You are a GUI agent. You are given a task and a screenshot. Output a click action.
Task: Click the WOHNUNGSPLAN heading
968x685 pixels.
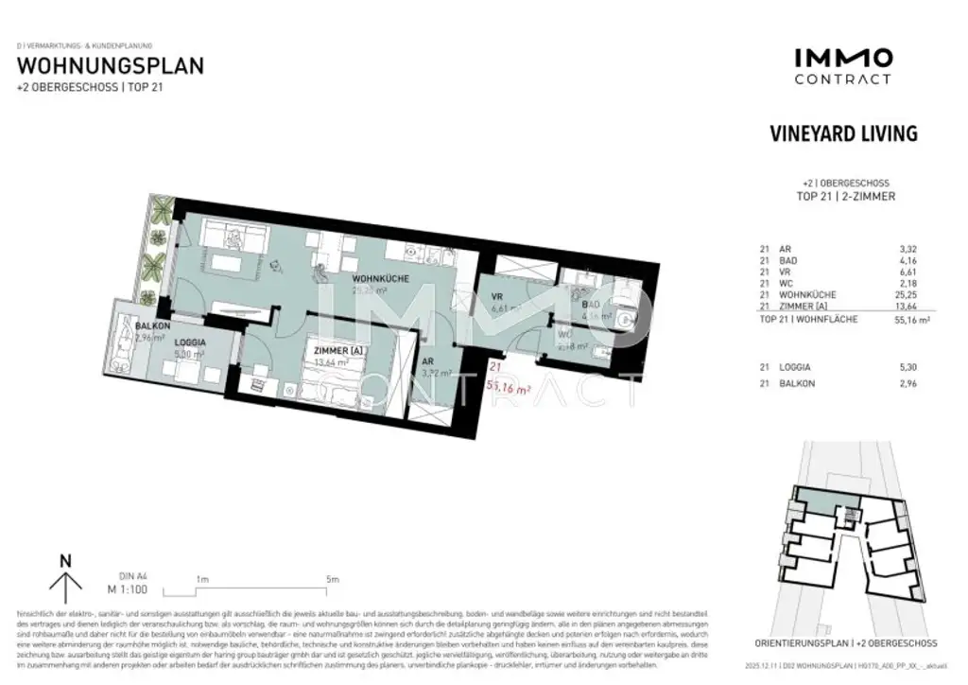(111, 66)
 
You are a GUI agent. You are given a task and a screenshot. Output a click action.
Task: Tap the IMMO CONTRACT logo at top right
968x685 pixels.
(842, 66)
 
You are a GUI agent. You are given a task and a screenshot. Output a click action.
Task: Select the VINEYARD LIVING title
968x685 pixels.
(844, 134)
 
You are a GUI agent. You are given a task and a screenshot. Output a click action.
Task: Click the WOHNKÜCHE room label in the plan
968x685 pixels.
(381, 280)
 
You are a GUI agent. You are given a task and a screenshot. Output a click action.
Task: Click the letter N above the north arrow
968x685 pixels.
(65, 560)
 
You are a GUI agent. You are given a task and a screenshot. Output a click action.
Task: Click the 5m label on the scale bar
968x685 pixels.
(332, 578)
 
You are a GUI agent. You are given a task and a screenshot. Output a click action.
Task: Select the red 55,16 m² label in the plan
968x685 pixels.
(506, 386)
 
